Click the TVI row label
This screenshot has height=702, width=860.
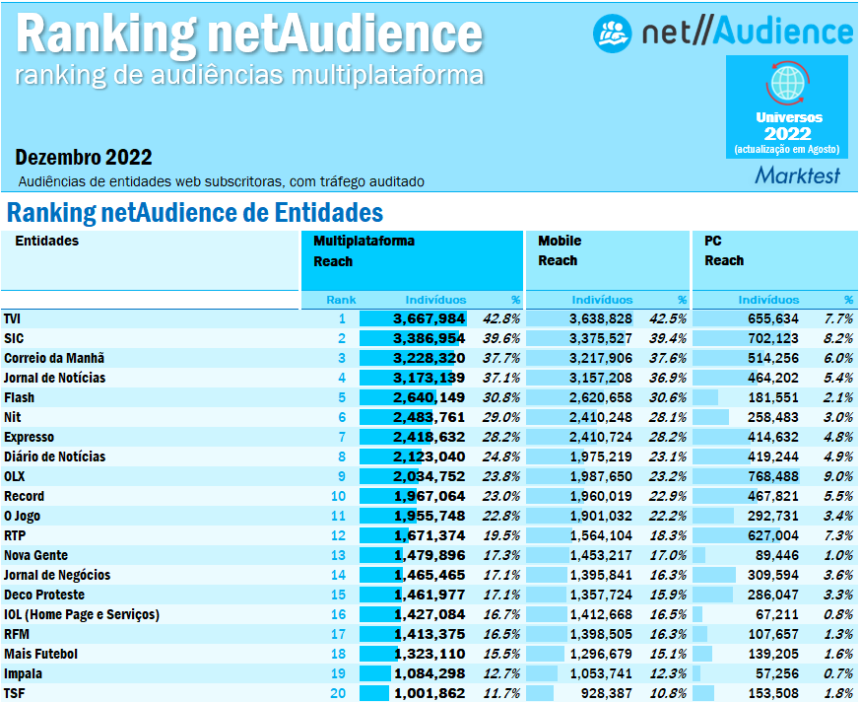coord(13,318)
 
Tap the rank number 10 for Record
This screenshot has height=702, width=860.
coord(339,496)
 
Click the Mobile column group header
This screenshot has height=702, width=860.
coord(560,241)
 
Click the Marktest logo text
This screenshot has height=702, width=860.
coord(798,175)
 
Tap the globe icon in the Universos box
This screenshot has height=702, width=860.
coord(787,82)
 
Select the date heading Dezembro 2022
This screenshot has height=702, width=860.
coord(84,158)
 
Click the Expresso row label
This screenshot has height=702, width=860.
coord(29,437)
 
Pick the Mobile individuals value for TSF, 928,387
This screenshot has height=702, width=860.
coord(601,693)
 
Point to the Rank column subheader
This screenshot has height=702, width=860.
coord(341,300)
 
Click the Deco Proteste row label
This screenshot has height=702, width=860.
coord(44,595)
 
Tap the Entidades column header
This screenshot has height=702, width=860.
coord(46,241)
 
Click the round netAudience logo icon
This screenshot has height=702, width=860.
coord(612,32)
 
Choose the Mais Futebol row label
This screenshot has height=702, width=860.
coord(40,654)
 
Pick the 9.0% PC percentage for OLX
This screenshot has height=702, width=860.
coord(838,476)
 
